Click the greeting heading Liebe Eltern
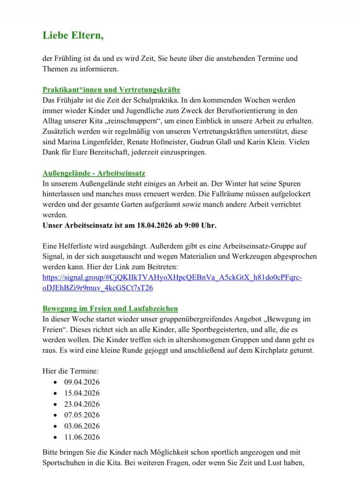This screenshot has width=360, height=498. click(x=73, y=35)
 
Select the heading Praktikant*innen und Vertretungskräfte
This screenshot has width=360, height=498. click(x=111, y=89)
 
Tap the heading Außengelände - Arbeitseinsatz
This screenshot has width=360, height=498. click(x=94, y=173)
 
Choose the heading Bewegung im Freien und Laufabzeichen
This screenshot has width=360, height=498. click(x=110, y=308)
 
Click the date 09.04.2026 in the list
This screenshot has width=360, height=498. click(x=82, y=382)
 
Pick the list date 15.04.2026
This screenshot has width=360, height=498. click(x=82, y=393)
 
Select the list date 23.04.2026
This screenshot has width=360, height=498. click(x=82, y=404)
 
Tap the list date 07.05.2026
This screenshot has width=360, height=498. click(x=82, y=415)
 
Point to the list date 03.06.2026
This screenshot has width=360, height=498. click(x=82, y=426)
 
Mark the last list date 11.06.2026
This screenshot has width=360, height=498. click(x=82, y=437)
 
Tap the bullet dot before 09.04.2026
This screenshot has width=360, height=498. click(x=55, y=383)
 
